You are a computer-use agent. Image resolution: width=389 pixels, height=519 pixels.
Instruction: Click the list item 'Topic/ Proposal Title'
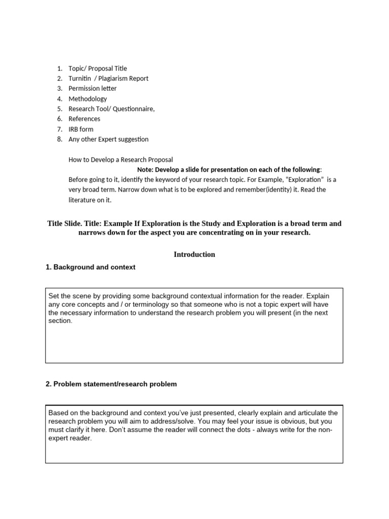click(x=98, y=68)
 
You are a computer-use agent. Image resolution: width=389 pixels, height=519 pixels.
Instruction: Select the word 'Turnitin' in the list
click(x=80, y=79)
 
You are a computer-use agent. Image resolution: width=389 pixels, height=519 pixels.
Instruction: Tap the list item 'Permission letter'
click(x=93, y=89)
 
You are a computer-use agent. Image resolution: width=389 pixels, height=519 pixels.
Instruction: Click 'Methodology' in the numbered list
click(x=88, y=99)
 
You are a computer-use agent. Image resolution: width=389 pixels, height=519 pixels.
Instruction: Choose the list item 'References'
click(x=85, y=119)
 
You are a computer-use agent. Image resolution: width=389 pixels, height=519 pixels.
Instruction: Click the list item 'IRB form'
click(x=81, y=129)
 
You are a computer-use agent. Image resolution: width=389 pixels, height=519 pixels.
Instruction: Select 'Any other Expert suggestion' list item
click(x=108, y=139)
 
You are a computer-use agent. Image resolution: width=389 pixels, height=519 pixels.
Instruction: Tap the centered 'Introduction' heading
click(x=194, y=254)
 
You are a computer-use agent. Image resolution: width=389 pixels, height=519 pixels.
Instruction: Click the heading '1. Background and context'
click(x=90, y=267)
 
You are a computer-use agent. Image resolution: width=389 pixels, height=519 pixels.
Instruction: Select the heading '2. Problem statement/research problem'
click(x=111, y=384)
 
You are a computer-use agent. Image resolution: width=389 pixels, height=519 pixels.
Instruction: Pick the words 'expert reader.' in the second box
click(x=70, y=438)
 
